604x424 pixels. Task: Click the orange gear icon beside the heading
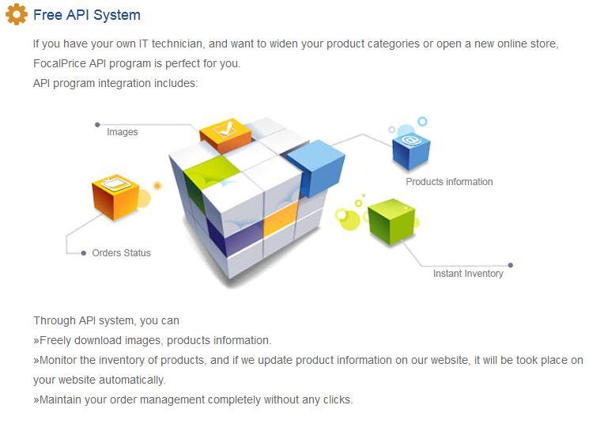(x=16, y=14)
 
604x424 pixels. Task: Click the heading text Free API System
(x=87, y=15)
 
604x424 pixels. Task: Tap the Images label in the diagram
(x=123, y=132)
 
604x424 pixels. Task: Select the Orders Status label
(x=121, y=253)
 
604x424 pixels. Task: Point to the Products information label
(x=449, y=182)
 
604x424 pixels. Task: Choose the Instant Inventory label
(x=468, y=274)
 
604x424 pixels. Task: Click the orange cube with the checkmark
(x=225, y=134)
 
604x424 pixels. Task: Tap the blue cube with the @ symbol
(x=411, y=148)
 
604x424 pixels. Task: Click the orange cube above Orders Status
(x=115, y=195)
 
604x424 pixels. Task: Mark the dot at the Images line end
(x=97, y=124)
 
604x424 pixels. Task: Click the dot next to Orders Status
(x=84, y=253)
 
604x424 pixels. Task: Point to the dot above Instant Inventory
(x=511, y=265)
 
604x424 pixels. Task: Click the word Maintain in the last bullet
(x=60, y=399)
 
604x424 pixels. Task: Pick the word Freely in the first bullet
(x=55, y=340)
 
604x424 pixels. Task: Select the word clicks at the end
(x=336, y=399)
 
